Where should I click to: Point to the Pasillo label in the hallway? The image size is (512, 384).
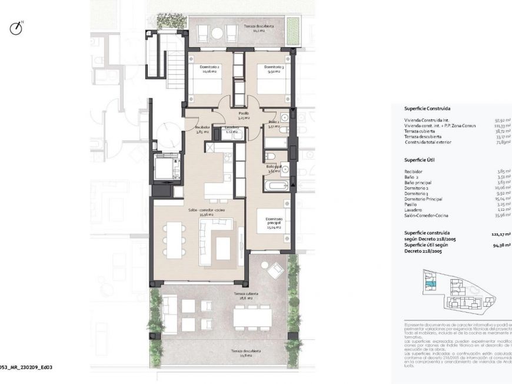243,115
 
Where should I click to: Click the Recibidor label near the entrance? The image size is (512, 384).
202,130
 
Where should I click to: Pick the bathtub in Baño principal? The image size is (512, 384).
275,187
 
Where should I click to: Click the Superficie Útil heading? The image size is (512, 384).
419,160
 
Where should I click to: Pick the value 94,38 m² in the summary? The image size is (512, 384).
501,247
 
